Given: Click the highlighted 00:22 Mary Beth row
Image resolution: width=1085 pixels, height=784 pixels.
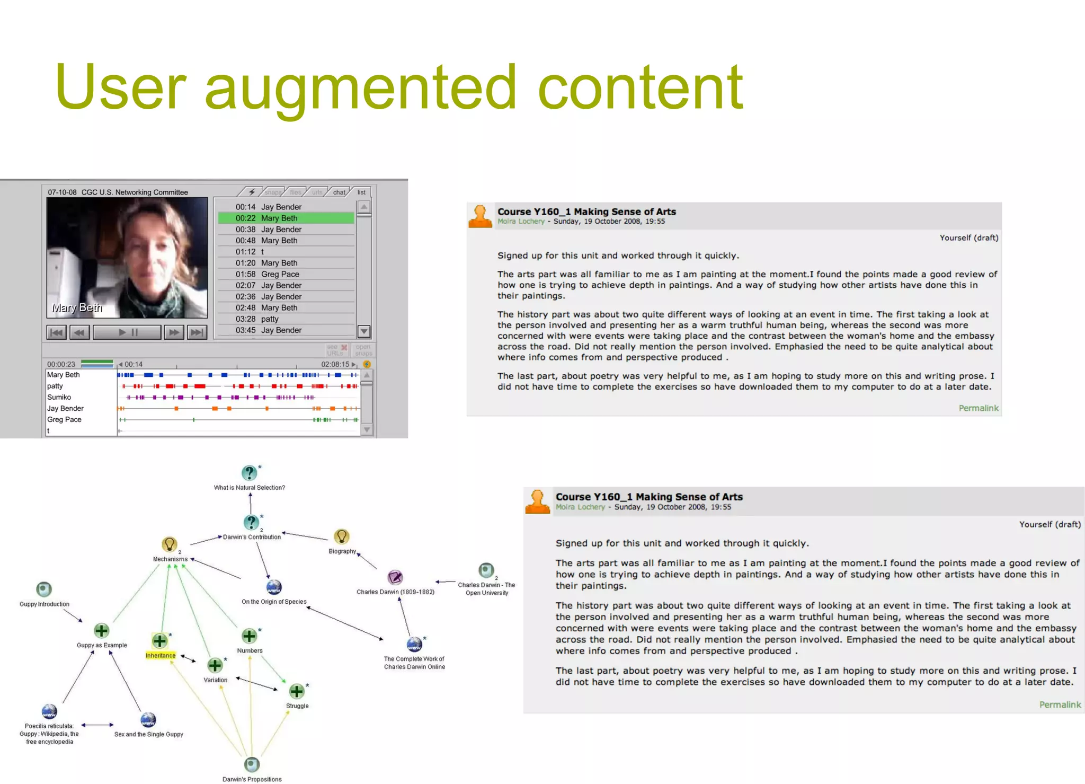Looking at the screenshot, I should coord(286,218).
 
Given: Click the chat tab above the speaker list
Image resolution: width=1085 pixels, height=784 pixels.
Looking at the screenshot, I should coord(339,192).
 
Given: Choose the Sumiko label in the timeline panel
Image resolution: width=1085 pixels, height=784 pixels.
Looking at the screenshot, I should coord(59,397).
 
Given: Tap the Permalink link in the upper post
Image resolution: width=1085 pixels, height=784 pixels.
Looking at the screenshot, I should coord(978,408).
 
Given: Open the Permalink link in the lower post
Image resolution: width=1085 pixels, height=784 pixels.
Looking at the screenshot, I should coord(1060,704).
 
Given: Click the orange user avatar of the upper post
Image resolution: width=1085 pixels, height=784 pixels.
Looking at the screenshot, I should coord(481,216).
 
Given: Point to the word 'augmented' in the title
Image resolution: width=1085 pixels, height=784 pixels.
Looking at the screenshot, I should coord(360,87).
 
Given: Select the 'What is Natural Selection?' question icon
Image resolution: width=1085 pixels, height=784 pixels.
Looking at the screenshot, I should coord(249,473).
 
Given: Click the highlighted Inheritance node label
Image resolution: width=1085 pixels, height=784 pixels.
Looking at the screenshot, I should coord(161,656).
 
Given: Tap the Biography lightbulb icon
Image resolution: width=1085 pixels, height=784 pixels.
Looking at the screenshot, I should coord(342,536).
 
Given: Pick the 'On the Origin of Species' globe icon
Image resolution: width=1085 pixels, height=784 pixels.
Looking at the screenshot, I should coord(274,587).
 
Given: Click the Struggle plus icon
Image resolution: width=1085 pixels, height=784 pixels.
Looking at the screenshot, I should coord(297,691).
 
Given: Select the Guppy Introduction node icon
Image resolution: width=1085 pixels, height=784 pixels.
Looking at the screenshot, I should coord(44,589).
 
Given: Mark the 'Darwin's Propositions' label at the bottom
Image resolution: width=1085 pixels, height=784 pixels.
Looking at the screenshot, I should coord(252,779).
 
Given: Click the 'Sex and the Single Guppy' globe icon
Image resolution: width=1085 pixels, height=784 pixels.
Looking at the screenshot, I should coord(148,720).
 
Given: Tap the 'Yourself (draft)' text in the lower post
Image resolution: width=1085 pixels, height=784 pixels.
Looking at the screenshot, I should coord(1050,524).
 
